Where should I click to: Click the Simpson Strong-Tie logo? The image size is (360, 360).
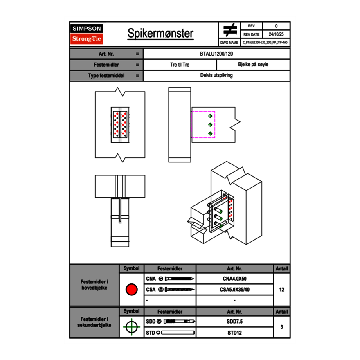(87, 34)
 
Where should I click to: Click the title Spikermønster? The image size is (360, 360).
(160, 34)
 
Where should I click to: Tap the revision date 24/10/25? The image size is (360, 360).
(276, 34)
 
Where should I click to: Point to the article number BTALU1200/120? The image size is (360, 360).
(217, 54)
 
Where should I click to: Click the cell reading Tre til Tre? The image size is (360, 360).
(180, 65)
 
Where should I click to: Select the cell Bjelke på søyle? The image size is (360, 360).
(253, 65)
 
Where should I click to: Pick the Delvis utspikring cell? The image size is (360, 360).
(217, 76)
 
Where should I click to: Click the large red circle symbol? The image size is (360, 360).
(131, 290)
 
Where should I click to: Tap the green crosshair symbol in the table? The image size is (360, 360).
(131, 327)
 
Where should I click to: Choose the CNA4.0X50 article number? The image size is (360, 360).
(234, 279)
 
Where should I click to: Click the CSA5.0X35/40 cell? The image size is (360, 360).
(234, 290)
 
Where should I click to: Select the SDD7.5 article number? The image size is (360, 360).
(234, 322)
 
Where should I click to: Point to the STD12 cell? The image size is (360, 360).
(234, 333)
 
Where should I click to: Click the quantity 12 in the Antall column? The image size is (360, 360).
(282, 290)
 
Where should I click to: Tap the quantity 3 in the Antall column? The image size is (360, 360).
(282, 327)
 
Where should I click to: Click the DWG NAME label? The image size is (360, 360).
(229, 42)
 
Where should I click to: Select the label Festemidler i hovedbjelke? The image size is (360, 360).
(94, 285)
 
